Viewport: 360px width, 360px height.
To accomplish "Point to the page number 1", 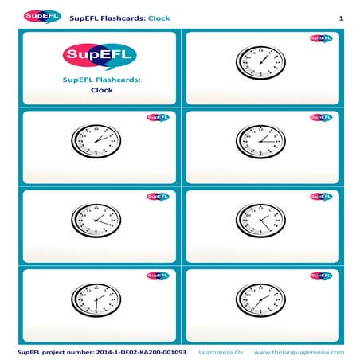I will (x=340, y=18).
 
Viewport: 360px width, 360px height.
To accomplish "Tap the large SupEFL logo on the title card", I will (x=100, y=56).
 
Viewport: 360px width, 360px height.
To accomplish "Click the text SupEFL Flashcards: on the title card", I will (x=101, y=80).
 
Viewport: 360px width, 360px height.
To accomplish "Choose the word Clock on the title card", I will (x=101, y=91).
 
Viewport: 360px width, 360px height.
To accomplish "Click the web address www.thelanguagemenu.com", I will (x=299, y=351).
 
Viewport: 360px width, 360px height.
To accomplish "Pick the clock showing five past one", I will (x=260, y=61).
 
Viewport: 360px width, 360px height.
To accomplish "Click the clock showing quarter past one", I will (x=260, y=141).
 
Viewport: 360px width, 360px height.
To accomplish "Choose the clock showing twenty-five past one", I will (x=260, y=218).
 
